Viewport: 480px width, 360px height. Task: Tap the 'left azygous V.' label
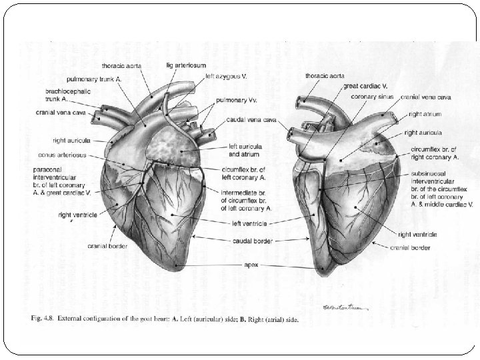click(225, 77)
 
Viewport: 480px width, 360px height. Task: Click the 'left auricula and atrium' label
click(245, 151)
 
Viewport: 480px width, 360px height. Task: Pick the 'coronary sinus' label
click(369, 97)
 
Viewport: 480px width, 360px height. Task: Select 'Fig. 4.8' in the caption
click(44, 318)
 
